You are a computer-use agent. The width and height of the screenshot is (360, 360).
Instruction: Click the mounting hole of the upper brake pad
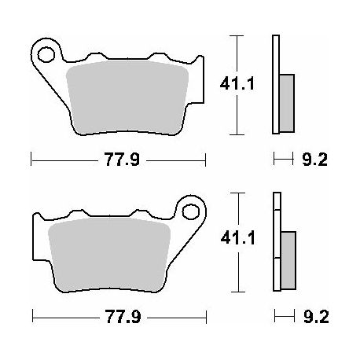[x=46, y=55]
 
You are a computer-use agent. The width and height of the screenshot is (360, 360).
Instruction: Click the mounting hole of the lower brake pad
[x=190, y=212]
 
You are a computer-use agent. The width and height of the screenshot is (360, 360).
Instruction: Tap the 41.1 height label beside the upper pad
[x=237, y=84]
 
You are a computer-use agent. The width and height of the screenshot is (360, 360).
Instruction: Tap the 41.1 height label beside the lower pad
[x=238, y=239]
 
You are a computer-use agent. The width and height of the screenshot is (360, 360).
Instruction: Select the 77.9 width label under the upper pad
[x=122, y=160]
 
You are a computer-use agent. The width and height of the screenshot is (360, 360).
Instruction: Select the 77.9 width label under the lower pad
[x=123, y=317]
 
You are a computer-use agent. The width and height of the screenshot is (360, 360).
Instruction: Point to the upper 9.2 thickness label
[x=314, y=160]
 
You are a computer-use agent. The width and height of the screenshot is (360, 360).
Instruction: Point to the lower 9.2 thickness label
[x=316, y=317]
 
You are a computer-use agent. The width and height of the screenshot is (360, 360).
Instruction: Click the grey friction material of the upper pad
[x=127, y=97]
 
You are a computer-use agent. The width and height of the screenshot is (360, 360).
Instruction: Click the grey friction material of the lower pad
[x=110, y=255]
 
